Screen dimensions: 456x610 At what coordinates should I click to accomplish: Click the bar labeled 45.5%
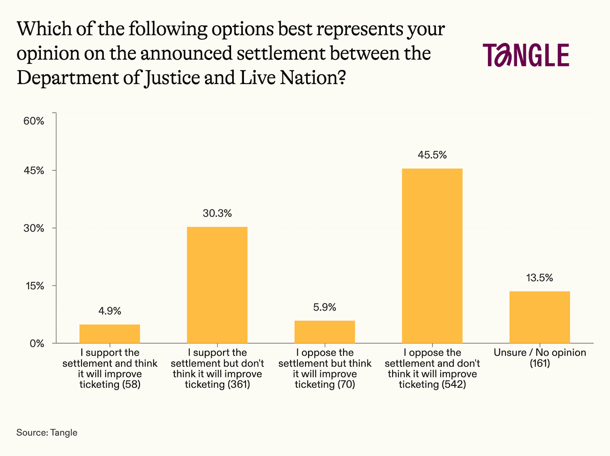click(x=432, y=256)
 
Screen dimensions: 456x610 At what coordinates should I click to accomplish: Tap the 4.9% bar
click(x=110, y=334)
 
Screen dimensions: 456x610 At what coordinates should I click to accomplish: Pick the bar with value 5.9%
click(x=324, y=332)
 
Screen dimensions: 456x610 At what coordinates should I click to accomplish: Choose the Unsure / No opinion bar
click(x=539, y=317)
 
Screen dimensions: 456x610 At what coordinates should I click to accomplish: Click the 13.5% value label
click(x=539, y=278)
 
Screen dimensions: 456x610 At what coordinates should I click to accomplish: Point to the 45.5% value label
click(x=432, y=155)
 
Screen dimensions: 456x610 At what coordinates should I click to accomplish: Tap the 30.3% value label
click(x=217, y=213)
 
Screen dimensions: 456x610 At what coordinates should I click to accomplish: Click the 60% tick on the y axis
click(x=34, y=121)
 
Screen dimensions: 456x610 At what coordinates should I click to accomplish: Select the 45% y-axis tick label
click(x=34, y=171)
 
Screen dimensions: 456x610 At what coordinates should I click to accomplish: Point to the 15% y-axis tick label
click(x=35, y=286)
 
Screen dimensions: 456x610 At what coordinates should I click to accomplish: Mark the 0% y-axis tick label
click(x=37, y=343)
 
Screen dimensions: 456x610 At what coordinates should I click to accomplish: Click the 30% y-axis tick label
click(x=34, y=228)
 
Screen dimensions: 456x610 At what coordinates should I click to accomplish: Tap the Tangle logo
click(x=526, y=55)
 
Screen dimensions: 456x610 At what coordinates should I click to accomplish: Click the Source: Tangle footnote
click(x=47, y=432)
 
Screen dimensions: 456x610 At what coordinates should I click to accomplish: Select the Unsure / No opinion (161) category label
click(x=540, y=358)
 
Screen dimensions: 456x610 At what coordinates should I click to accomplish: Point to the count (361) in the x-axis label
click(x=239, y=384)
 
